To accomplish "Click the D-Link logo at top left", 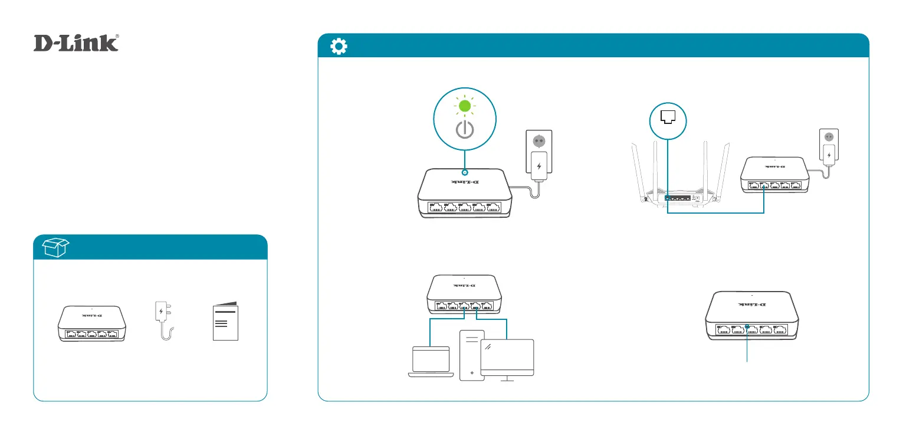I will [x=76, y=43].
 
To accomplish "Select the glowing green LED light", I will [x=465, y=106].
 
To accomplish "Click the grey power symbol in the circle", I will [x=465, y=130].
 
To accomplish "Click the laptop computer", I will [x=429, y=361].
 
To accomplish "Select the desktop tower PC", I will [x=471, y=354].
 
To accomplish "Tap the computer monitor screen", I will [x=507, y=357].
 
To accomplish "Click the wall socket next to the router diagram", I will [x=829, y=136].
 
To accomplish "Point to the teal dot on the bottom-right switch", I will [x=747, y=326].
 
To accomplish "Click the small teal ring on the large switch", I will [x=465, y=174].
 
